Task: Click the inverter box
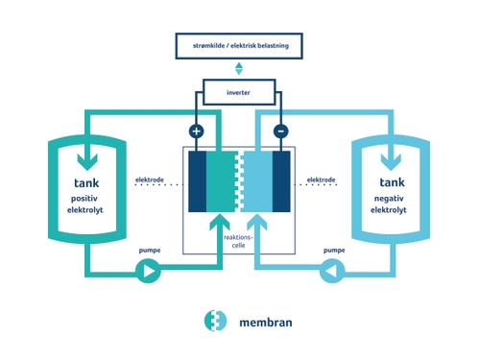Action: point(239,92)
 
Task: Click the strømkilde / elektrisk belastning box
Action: point(239,46)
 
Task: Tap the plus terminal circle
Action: point(196,132)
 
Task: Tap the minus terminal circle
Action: point(281,132)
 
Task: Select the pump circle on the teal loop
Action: point(148,271)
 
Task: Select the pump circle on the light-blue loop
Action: point(332,271)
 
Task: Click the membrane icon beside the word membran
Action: point(215,321)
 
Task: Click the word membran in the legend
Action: point(266,323)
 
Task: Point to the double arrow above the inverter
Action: point(239,69)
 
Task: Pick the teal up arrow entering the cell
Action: point(220,224)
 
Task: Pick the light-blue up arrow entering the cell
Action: point(257,224)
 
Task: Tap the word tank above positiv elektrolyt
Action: point(86,183)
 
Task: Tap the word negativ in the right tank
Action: point(389,199)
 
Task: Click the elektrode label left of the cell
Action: point(150,180)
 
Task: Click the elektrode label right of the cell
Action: point(321,180)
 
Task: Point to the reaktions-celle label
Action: point(238,241)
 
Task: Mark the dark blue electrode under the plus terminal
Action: point(197,181)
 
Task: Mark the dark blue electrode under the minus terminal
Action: point(281,181)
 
